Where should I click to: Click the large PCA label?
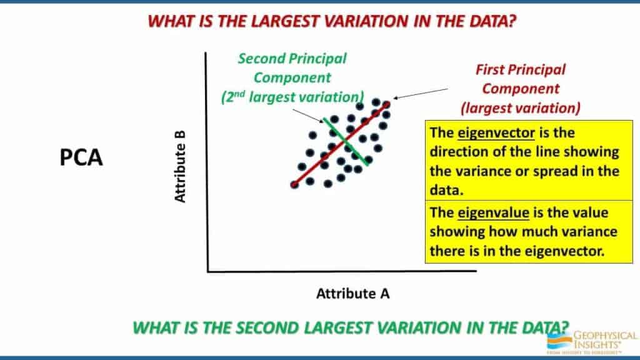click(81, 157)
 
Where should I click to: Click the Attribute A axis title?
click(352, 294)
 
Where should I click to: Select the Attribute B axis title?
click(180, 166)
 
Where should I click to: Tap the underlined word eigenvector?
click(496, 133)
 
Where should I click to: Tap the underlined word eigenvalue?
click(493, 212)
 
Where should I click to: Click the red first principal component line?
click(340, 145)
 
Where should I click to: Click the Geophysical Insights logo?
click(592, 342)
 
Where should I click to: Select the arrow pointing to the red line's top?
click(421, 94)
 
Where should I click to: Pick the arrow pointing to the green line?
click(307, 116)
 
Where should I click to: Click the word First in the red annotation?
click(492, 70)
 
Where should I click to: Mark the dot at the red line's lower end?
click(294, 185)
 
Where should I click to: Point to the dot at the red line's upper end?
click(386, 105)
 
